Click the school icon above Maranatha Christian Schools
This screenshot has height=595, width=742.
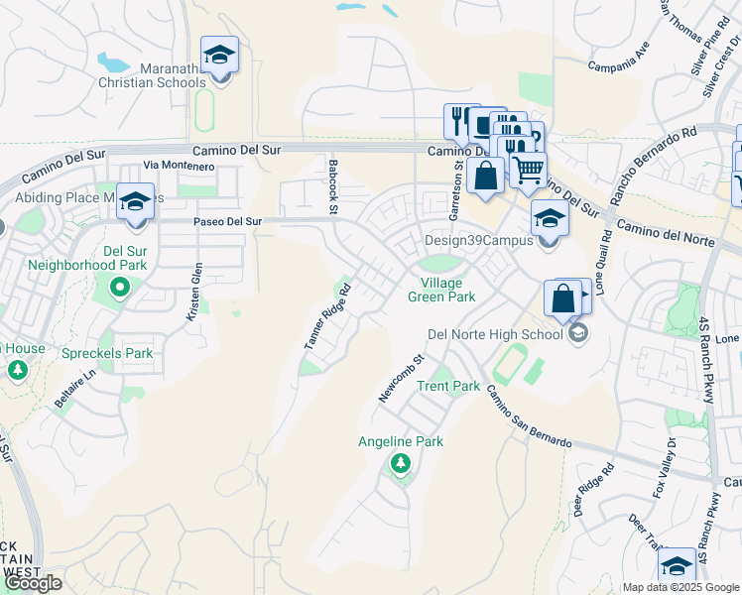pyautogui.click(x=219, y=57)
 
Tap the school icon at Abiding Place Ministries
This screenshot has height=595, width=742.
pyautogui.click(x=135, y=202)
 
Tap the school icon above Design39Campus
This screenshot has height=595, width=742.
pyautogui.click(x=550, y=218)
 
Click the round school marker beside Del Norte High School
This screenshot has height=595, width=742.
pyautogui.click(x=578, y=334)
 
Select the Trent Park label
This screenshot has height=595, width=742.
pyautogui.click(x=448, y=386)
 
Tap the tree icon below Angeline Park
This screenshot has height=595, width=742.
pyautogui.click(x=401, y=463)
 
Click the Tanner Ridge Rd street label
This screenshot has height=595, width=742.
pyautogui.click(x=328, y=316)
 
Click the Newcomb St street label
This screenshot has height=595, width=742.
pyautogui.click(x=401, y=379)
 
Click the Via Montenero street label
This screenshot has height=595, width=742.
pyautogui.click(x=179, y=165)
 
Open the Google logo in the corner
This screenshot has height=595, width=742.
pyautogui.click(x=33, y=583)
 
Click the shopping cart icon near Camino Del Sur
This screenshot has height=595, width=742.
pyautogui.click(x=528, y=170)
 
